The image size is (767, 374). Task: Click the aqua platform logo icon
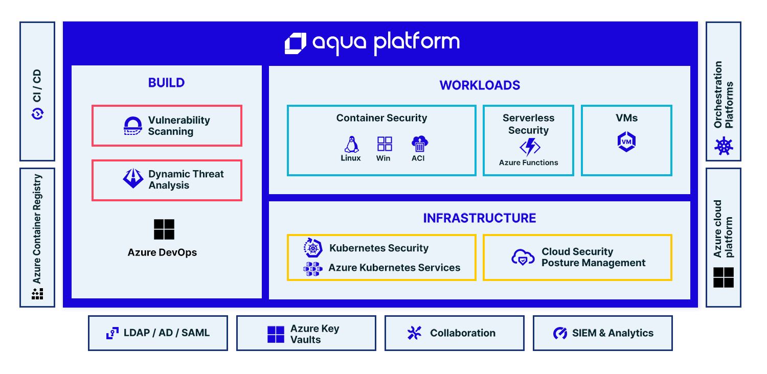[x=295, y=43]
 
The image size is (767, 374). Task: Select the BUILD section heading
[x=166, y=83]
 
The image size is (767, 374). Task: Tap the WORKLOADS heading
[x=480, y=85]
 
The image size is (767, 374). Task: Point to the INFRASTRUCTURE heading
[x=480, y=218]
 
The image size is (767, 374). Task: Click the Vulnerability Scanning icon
[x=132, y=126]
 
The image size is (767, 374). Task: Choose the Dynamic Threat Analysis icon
[x=133, y=178]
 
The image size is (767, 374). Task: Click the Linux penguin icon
[x=351, y=145]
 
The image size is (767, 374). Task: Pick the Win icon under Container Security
[x=384, y=144]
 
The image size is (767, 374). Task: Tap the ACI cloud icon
[x=419, y=144]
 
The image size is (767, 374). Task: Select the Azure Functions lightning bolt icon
[x=530, y=147]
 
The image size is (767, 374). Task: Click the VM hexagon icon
[x=626, y=142]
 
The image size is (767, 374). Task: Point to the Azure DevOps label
[x=162, y=252]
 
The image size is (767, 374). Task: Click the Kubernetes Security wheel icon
[x=312, y=248]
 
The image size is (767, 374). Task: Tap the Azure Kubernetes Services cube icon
[x=312, y=269]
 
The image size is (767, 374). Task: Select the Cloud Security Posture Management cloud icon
[x=523, y=258]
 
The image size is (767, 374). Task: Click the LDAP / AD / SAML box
[x=158, y=333]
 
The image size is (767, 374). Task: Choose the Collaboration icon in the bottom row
[x=414, y=333]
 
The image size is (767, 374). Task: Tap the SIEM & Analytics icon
[x=560, y=333]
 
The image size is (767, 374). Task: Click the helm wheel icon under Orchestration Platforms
[x=724, y=147]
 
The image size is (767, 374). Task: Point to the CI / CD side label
[x=37, y=85]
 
